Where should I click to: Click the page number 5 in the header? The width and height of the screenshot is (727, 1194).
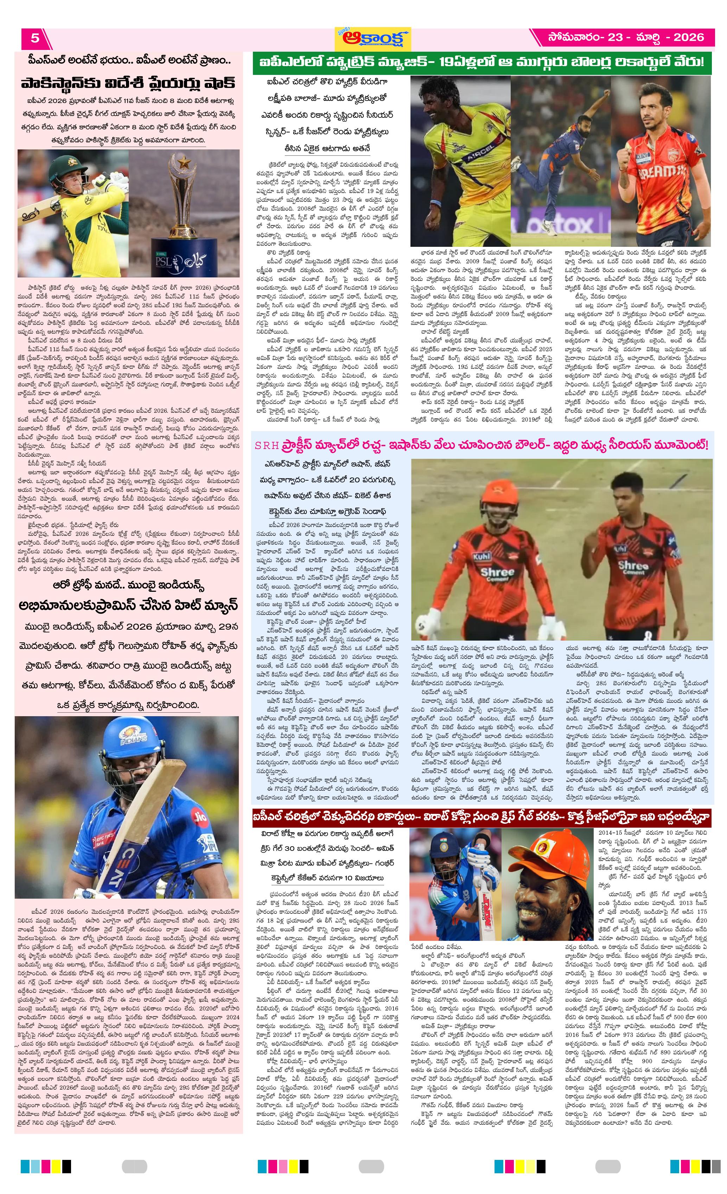(x=34, y=38)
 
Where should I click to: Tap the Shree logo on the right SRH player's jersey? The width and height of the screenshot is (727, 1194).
(x=632, y=567)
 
